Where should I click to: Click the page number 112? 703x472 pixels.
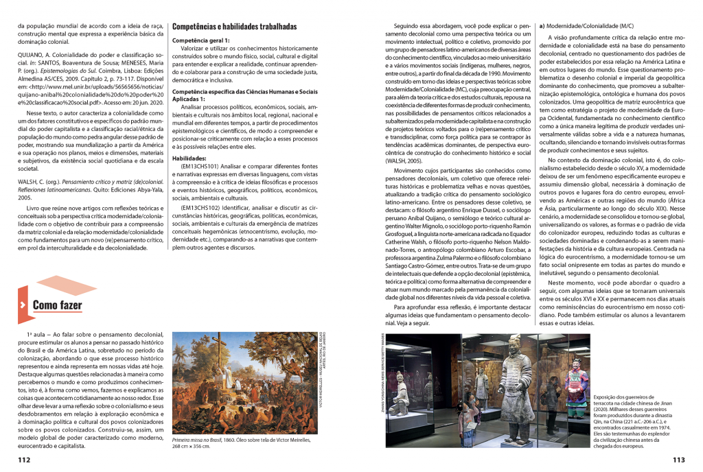[x=24, y=460]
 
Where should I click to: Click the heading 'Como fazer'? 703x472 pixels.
[x=57, y=305]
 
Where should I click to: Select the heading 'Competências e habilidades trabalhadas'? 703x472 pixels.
[x=234, y=26]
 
